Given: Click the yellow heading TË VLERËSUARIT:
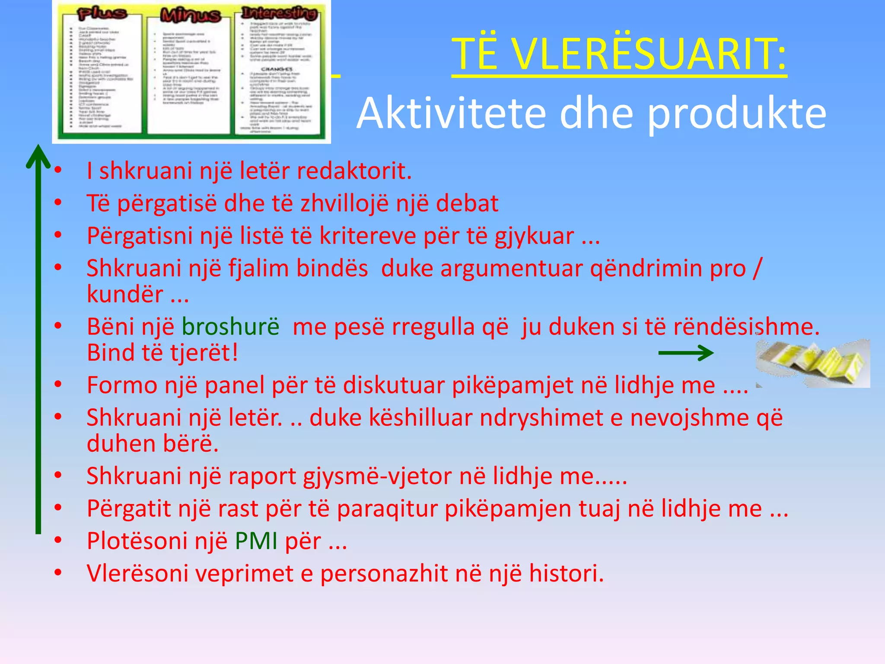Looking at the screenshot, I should click(619, 54).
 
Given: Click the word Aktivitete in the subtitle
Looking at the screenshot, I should click(451, 113).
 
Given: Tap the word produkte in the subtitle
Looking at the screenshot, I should click(737, 113).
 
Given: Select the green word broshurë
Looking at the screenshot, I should click(230, 326).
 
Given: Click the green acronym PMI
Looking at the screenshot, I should click(256, 541).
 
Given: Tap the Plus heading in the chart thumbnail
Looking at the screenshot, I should click(102, 14).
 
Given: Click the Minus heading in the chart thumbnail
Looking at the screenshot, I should click(190, 16).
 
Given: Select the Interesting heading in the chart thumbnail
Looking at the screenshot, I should click(280, 13).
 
